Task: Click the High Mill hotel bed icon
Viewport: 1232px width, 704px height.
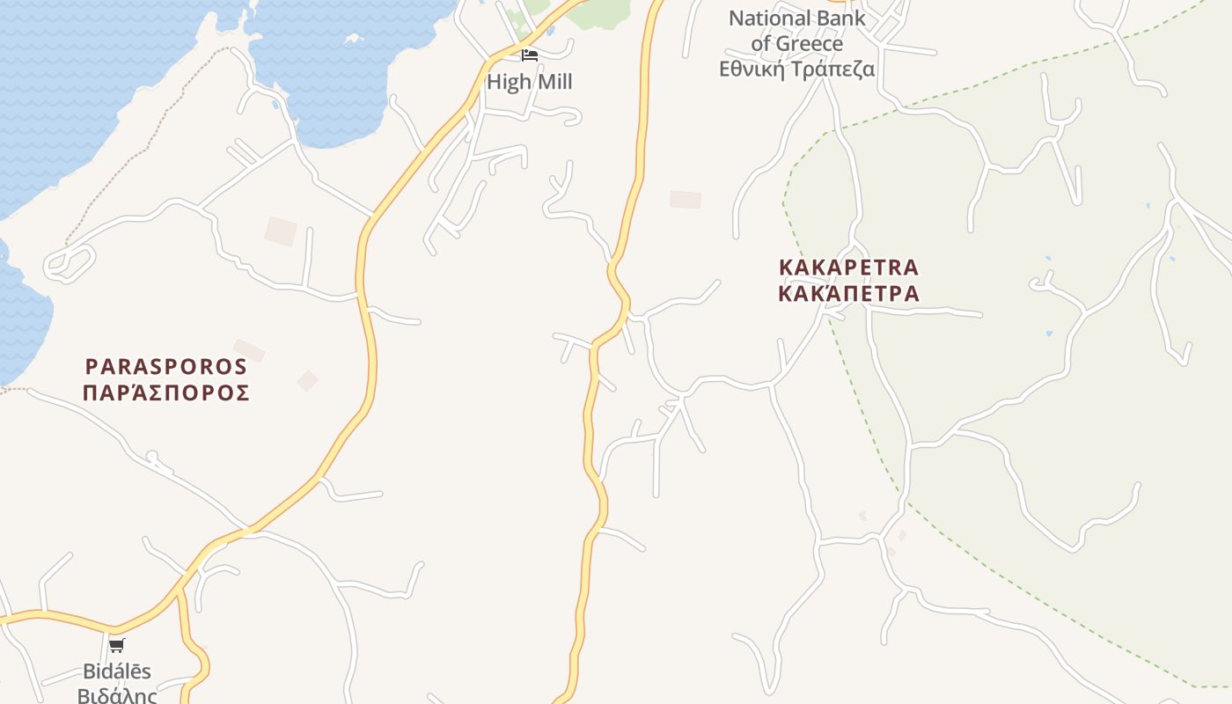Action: click(529, 55)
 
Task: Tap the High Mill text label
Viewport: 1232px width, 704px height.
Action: click(530, 82)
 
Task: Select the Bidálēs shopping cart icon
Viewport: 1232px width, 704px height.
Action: click(117, 646)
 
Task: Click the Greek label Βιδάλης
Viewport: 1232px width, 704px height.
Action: click(117, 696)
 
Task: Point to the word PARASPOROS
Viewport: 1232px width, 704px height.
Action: click(166, 366)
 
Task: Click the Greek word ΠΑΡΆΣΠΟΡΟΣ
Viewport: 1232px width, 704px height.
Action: click(166, 392)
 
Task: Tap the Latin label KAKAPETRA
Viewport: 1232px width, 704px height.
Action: click(849, 267)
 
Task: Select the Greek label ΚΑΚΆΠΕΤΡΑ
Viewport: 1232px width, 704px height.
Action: click(849, 293)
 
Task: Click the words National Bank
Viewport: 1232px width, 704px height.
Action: click(797, 18)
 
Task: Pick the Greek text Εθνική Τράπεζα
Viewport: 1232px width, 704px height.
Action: click(797, 69)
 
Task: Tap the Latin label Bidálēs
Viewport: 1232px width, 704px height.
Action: click(117, 671)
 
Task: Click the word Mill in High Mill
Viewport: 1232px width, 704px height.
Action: click(555, 82)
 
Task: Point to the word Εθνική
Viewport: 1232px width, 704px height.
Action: click(752, 69)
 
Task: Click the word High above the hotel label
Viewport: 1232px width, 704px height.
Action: click(510, 82)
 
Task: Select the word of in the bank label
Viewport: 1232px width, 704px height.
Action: click(761, 43)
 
